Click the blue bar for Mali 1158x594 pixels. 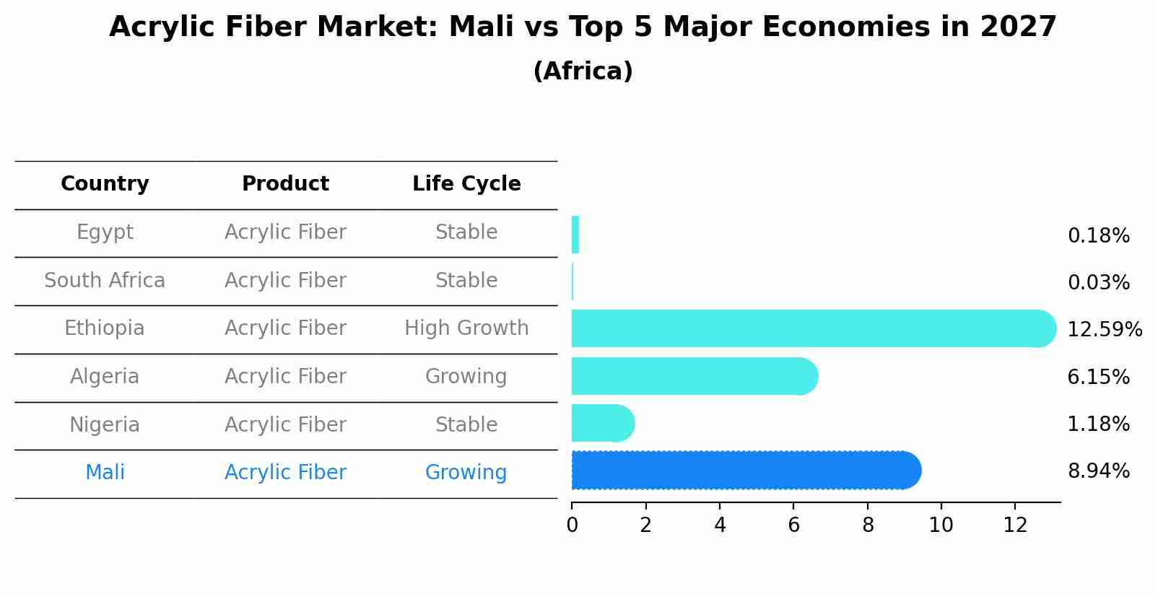pos(744,470)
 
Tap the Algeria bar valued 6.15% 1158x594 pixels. pos(693,376)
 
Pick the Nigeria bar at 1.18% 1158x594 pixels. pos(602,423)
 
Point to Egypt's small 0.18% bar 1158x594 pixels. pos(575,235)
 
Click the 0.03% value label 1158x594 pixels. pos(1098,283)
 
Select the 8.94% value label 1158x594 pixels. pos(1098,471)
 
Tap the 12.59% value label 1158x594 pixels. pos(1104,330)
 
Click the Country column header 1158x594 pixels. pos(105,184)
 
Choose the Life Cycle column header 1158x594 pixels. pos(466,184)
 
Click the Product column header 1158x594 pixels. pos(285,184)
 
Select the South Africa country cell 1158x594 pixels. pos(105,281)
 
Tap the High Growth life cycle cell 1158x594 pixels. pos(466,328)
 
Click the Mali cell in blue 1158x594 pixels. pos(105,473)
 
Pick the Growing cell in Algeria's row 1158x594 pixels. pos(466,377)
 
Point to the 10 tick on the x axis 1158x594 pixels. pos(941,525)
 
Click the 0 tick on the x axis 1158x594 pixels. pos(572,525)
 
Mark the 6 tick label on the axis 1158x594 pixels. pos(793,525)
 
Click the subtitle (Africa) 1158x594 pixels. pos(583,71)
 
